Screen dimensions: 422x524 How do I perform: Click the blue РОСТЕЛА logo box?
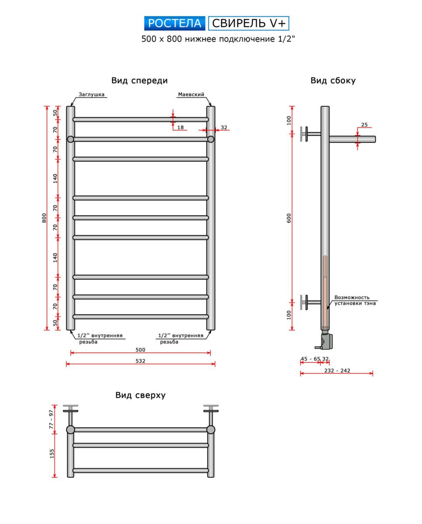[x=175, y=24]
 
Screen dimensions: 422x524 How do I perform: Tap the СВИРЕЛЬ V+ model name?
[x=249, y=24]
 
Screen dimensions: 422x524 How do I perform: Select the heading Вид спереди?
[x=140, y=81]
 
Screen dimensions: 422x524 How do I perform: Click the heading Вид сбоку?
[x=333, y=81]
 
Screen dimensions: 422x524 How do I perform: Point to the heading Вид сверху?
[x=141, y=395]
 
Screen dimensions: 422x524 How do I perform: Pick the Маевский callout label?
[x=191, y=94]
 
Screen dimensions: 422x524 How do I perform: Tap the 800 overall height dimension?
[x=44, y=218]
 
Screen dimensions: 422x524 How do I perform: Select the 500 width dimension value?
[x=141, y=350]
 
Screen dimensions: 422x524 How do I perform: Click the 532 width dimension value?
[x=141, y=361]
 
